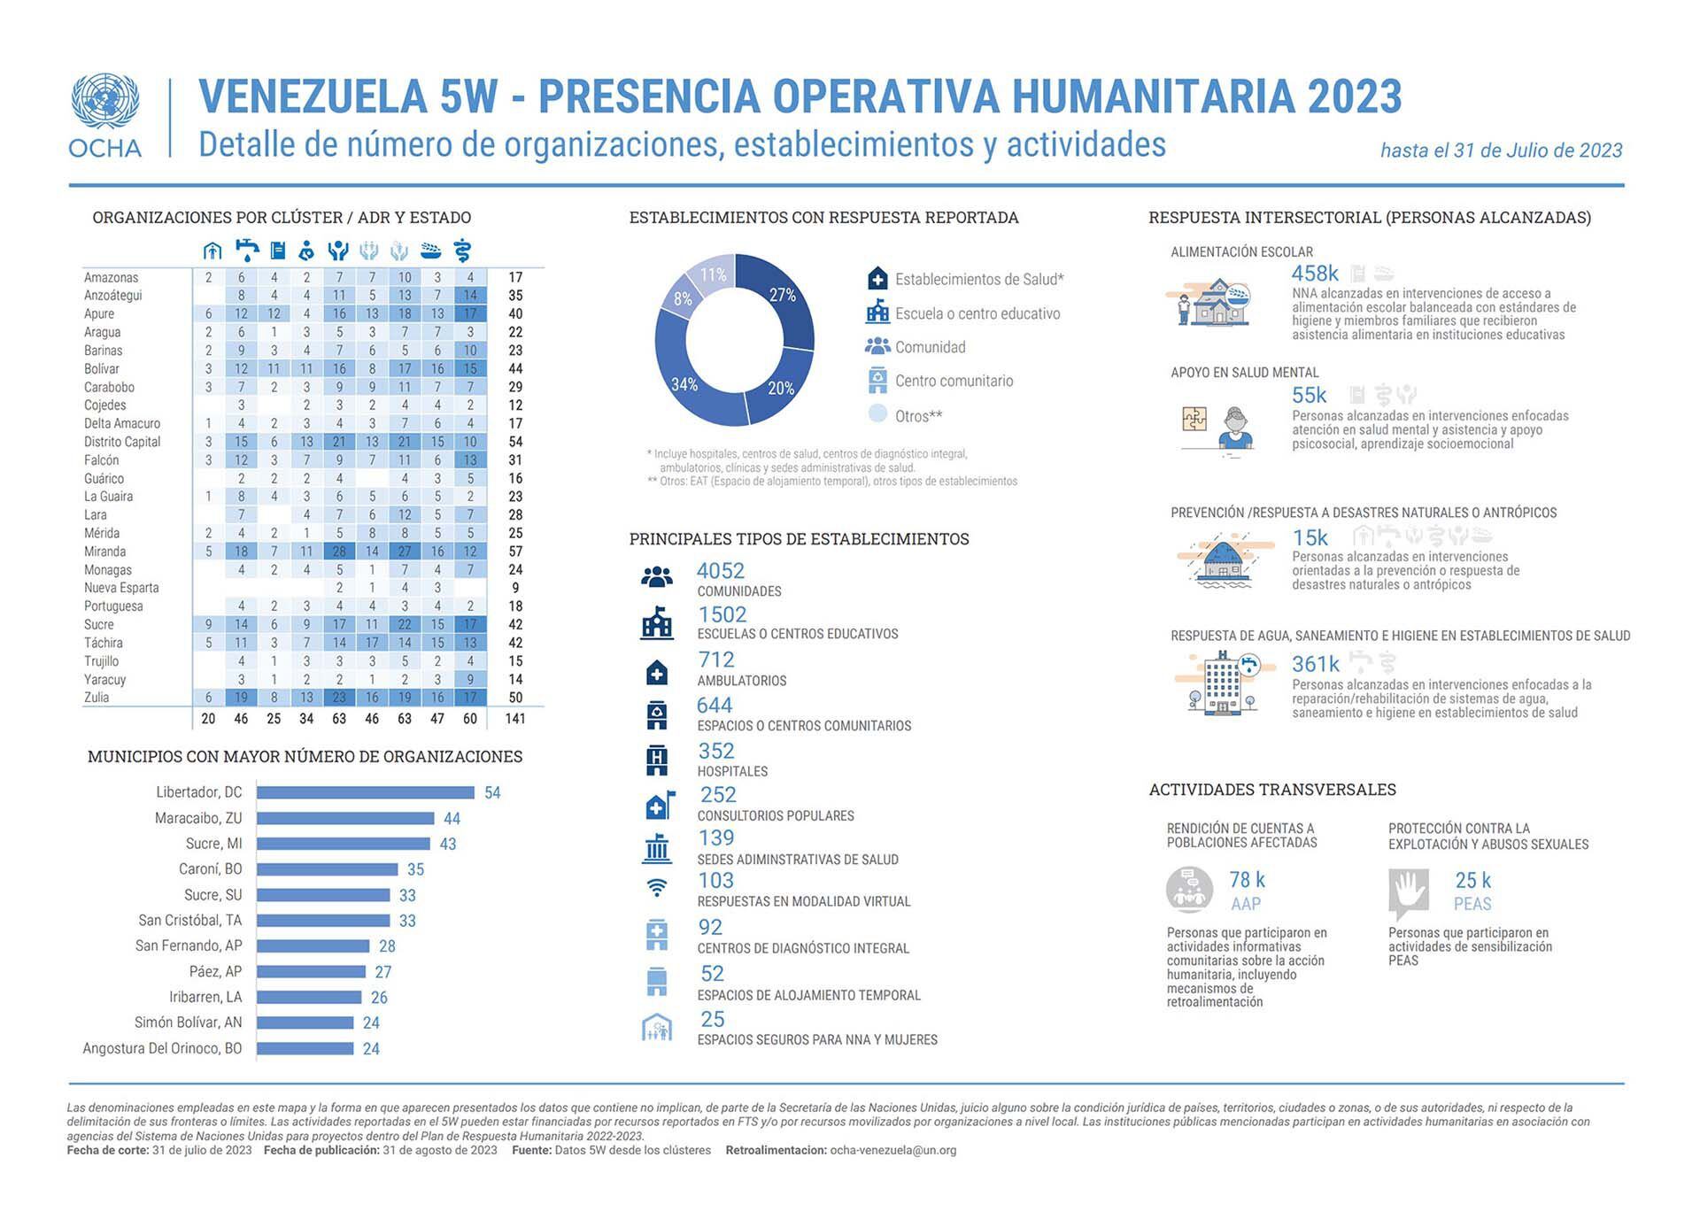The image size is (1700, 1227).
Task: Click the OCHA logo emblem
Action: (104, 102)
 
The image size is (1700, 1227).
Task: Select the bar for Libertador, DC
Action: (365, 792)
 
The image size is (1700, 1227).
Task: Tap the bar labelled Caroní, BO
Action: (327, 869)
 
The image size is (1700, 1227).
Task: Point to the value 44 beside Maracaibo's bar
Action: (452, 819)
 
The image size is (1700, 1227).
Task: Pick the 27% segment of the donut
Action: (779, 297)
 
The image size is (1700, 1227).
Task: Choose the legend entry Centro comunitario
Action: (954, 381)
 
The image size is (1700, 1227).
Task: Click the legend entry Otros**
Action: (918, 415)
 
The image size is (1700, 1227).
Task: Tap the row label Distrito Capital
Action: (122, 442)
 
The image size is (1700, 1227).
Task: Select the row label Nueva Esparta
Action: (121, 588)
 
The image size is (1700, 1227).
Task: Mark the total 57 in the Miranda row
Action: (515, 552)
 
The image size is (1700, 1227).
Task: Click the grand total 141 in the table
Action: (514, 719)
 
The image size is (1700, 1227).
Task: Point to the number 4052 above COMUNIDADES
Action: (720, 571)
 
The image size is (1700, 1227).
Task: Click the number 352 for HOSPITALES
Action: (715, 751)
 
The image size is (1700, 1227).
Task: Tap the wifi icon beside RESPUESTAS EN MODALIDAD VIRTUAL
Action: (657, 886)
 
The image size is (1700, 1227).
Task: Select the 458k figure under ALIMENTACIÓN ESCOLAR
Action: (1314, 274)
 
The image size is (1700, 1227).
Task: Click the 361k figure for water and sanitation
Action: (1315, 664)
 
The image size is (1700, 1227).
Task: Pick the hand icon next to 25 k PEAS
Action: (1408, 891)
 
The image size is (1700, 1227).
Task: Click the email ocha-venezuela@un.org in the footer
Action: (892, 1151)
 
